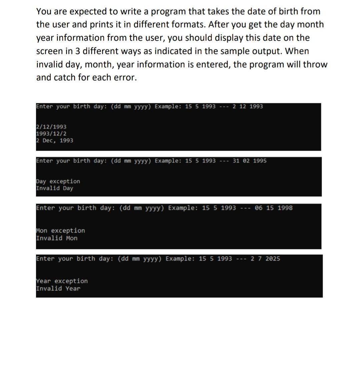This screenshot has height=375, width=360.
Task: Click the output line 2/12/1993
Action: (51, 127)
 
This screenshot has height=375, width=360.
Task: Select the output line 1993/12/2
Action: (51, 134)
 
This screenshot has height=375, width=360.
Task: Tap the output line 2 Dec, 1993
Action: (54, 141)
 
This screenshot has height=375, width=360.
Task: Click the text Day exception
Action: (58, 181)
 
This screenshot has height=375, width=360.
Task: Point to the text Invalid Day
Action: (54, 188)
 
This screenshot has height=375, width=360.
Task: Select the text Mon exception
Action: (60, 231)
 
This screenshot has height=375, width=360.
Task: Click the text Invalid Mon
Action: (57, 238)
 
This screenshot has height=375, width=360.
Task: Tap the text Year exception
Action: (62, 281)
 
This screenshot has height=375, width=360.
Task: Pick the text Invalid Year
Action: (58, 289)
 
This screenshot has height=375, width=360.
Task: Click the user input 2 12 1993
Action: (248, 107)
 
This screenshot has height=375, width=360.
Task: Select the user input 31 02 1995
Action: (250, 161)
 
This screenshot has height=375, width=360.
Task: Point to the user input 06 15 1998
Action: (273, 208)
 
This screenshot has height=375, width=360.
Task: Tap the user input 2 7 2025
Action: (265, 259)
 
